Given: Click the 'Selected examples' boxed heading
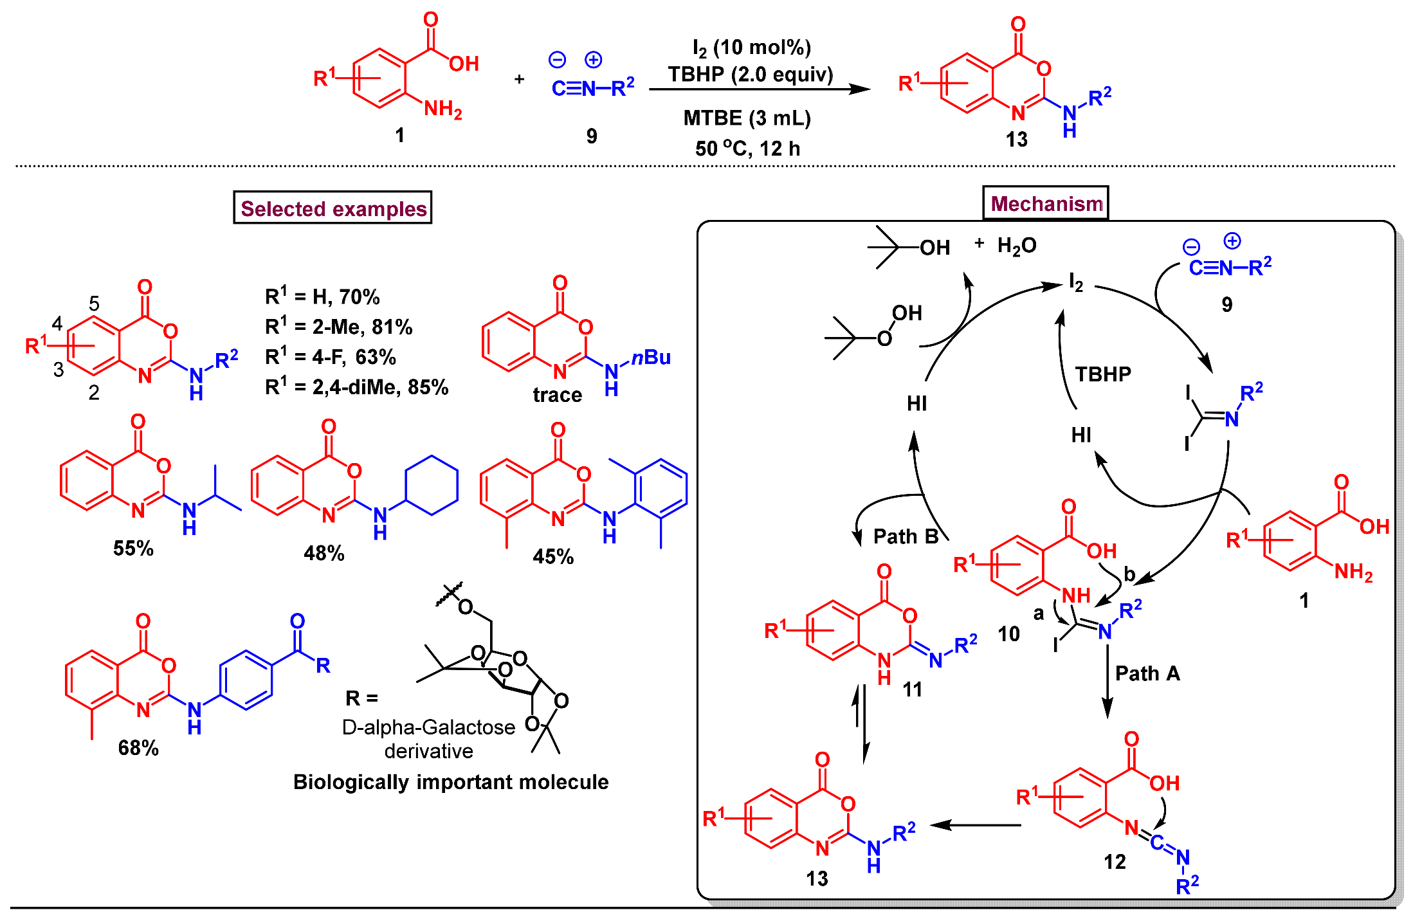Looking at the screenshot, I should pos(333,208).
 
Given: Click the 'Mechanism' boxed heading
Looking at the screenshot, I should pos(1046,203).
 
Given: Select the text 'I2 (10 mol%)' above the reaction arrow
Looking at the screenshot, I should pos(751,48).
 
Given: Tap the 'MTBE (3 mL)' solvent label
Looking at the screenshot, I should pos(747,118).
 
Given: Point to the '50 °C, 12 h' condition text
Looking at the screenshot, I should pos(747,149).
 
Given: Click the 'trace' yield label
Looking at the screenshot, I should pos(557,394).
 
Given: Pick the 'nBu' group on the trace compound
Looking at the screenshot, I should pos(651,357).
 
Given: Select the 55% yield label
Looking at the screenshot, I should pos(133,548).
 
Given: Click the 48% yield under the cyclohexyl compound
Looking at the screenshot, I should pos(324,553).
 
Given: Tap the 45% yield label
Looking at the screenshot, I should pos(553,556).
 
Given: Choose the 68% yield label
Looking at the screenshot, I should pos(138,747).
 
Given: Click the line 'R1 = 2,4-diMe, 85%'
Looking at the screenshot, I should pos(356,387).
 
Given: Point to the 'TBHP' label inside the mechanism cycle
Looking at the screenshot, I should pos(1103,374).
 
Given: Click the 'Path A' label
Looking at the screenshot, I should pos(1147,673).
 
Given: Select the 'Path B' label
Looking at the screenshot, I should pos(906,536).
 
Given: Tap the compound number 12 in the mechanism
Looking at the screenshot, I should pos(1115,862).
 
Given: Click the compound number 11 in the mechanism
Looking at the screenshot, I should pos(912,689).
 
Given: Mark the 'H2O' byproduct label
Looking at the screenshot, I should pos(1017,246).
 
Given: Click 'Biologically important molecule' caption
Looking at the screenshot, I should pos(451,781).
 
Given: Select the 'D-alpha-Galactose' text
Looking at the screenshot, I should pos(428,727).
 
